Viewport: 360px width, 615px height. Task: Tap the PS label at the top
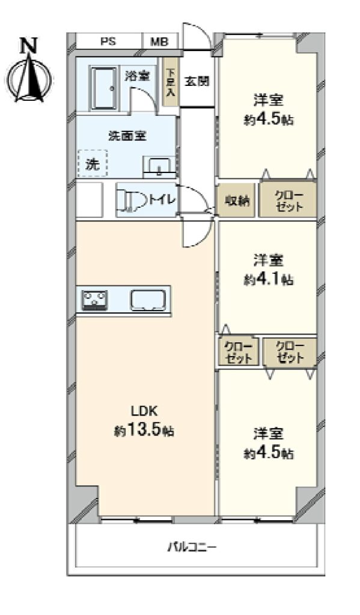click(x=108, y=41)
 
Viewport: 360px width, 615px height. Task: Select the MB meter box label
click(x=159, y=41)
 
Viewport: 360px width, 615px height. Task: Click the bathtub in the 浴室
click(x=103, y=88)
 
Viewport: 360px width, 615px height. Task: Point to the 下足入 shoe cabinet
click(x=171, y=82)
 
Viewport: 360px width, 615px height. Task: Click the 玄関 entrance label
click(x=197, y=81)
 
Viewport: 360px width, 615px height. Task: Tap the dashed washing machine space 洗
click(x=93, y=163)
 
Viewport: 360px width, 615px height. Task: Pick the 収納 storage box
click(x=237, y=201)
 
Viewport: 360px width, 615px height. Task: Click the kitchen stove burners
click(x=94, y=300)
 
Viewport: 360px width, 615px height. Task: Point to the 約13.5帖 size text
click(x=144, y=431)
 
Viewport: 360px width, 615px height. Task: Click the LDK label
click(x=144, y=411)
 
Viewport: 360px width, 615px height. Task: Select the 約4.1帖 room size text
click(x=269, y=279)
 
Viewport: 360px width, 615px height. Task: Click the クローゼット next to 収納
click(x=288, y=200)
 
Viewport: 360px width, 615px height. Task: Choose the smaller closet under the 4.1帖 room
click(x=239, y=352)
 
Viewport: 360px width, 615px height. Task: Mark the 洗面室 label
click(x=127, y=136)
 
